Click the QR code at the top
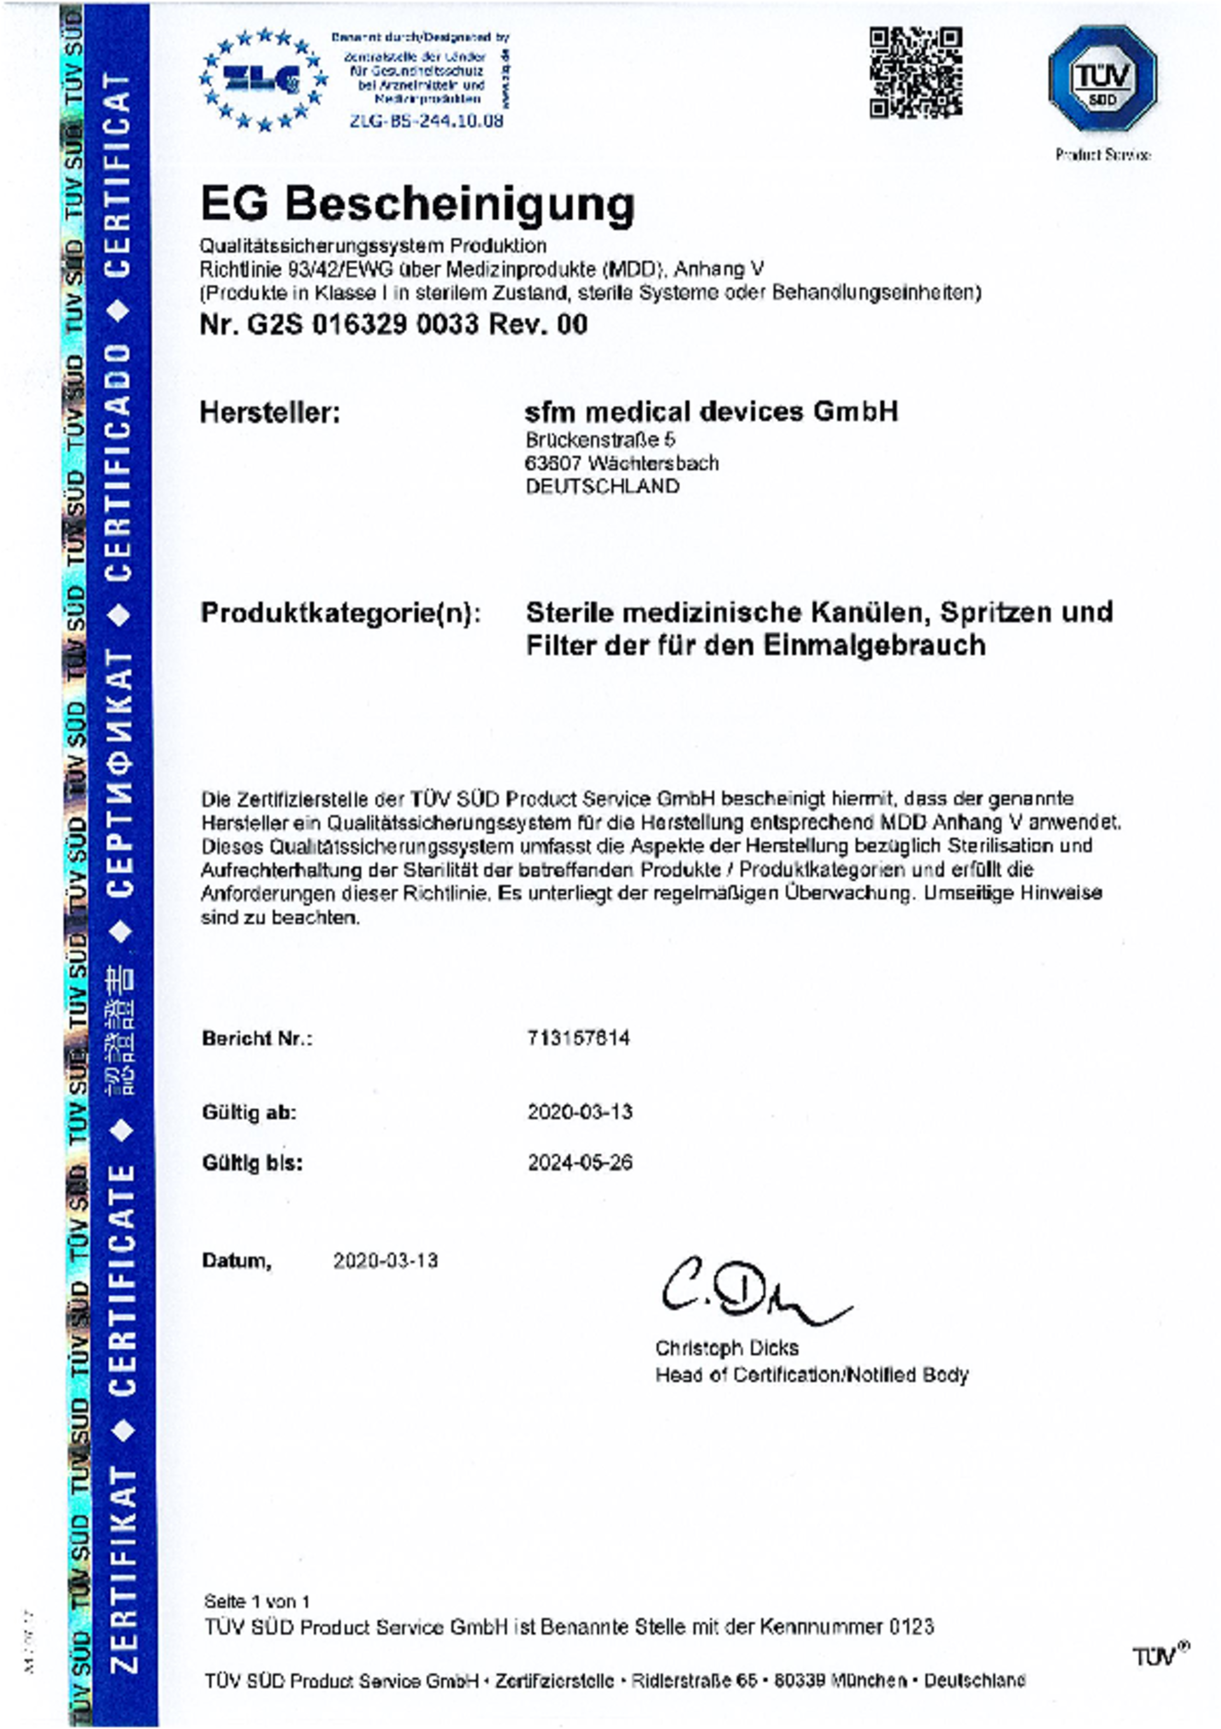[x=915, y=73]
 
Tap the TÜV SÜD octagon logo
[x=1102, y=78]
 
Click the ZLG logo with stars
[x=263, y=79]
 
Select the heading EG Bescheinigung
[x=418, y=204]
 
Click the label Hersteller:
[x=270, y=413]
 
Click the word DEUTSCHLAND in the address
[x=602, y=487]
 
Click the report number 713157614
[x=578, y=1038]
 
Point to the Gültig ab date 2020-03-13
[x=579, y=1111]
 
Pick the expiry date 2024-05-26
[x=579, y=1163]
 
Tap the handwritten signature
[x=753, y=1294]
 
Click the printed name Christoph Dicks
[x=726, y=1348]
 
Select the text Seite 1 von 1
[x=257, y=1601]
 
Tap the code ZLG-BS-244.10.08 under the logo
[x=426, y=120]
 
